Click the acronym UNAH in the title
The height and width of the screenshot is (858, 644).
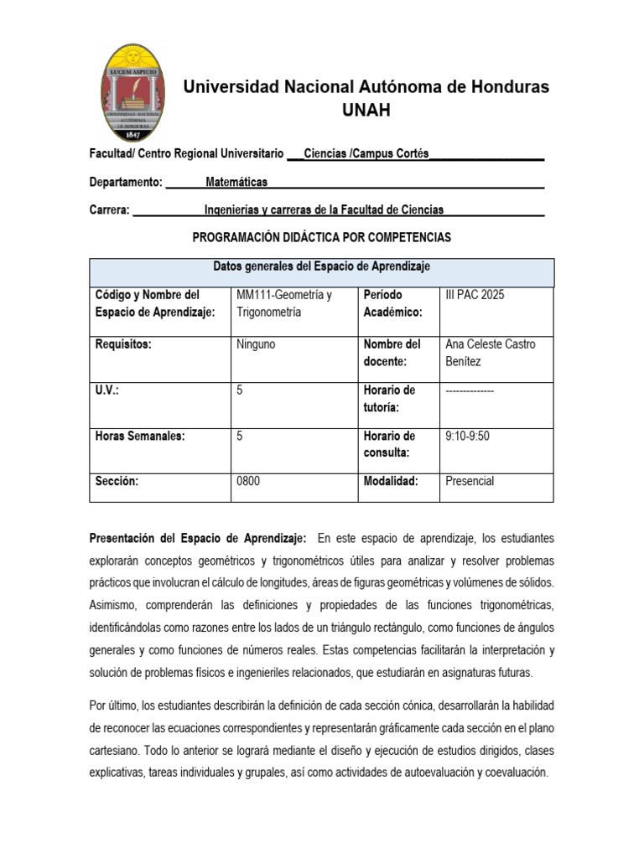[x=366, y=110]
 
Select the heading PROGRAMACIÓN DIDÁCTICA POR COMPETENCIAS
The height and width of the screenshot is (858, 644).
[x=322, y=237]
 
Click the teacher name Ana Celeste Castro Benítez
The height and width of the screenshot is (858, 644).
[x=491, y=353]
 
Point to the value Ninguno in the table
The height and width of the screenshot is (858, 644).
[x=257, y=344]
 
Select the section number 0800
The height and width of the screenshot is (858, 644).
[x=251, y=481]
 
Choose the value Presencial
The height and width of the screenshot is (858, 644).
[x=470, y=481]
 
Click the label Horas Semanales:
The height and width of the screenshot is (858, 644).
[x=140, y=436]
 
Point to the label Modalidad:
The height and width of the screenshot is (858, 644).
[x=391, y=481]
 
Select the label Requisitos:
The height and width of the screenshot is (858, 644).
[x=123, y=344]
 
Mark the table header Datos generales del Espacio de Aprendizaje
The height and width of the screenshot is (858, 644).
[x=321, y=266]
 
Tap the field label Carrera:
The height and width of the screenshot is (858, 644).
[x=109, y=209]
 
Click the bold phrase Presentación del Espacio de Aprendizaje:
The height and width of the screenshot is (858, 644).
[x=198, y=537]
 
